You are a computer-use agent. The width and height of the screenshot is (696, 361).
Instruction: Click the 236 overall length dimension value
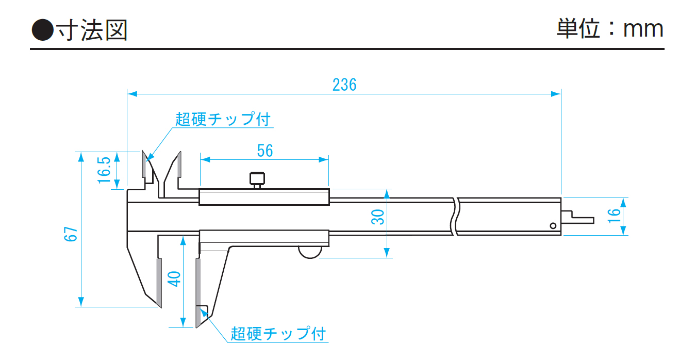[344, 85]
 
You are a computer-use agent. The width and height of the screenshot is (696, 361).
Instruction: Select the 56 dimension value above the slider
[264, 151]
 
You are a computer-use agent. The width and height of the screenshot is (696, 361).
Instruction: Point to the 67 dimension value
[71, 234]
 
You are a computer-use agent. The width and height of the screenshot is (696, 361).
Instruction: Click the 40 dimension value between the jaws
[175, 279]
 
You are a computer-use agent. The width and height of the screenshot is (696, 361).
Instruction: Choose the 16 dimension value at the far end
[614, 215]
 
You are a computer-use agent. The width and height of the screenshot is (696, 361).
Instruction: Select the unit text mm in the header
[643, 29]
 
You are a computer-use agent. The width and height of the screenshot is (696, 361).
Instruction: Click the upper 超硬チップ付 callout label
[223, 119]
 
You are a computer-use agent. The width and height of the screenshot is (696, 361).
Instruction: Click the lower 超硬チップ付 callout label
[278, 333]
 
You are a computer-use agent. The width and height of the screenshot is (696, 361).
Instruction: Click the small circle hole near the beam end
[553, 225]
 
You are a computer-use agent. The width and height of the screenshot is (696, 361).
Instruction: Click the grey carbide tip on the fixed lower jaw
[159, 282]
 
